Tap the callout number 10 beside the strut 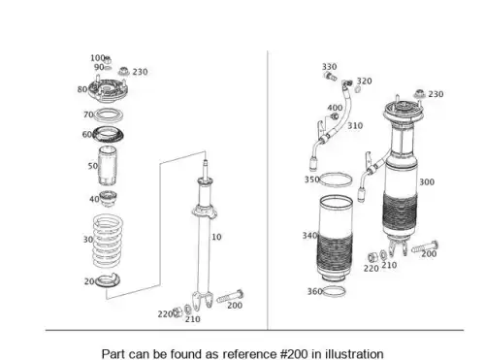216,237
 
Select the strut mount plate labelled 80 108,88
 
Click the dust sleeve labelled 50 108,166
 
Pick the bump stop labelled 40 108,199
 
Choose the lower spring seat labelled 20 108,281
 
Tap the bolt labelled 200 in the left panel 230,296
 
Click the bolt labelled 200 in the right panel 425,247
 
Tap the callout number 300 427,182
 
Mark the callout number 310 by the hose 355,125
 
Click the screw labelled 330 330,77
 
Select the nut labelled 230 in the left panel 123,71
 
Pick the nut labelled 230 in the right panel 419,93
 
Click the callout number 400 335,108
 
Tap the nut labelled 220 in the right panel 372,257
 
